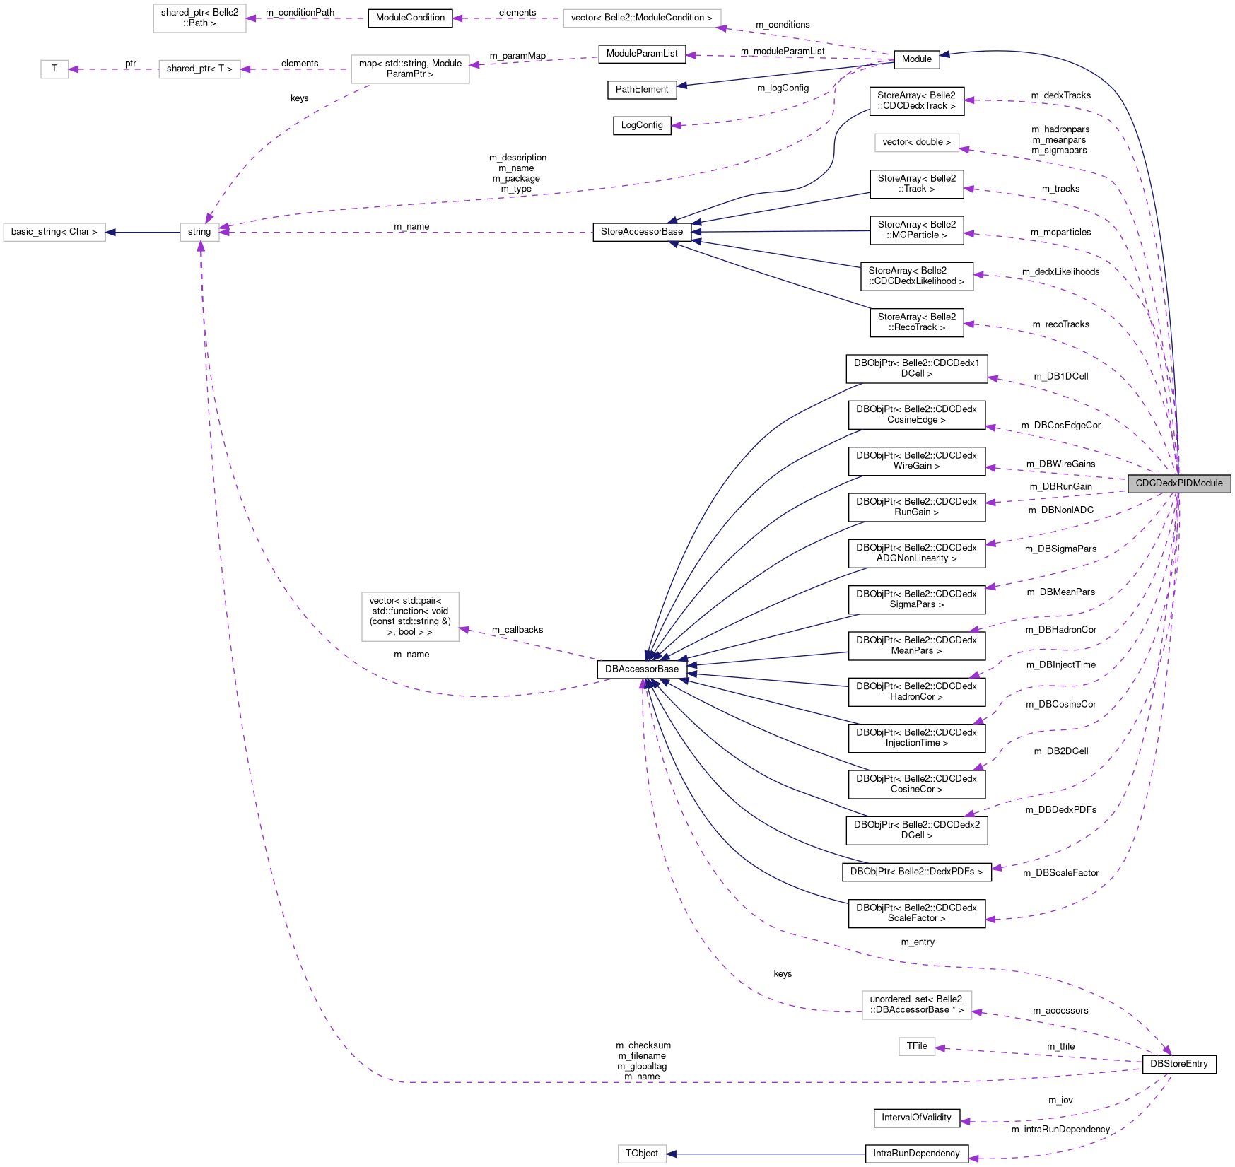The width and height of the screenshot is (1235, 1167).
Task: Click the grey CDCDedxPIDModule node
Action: [x=1178, y=483]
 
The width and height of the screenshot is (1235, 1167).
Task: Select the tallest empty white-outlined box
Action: [x=410, y=616]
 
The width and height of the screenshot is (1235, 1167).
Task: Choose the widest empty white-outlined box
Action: [x=642, y=18]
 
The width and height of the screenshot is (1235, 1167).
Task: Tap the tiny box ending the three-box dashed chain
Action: [x=54, y=69]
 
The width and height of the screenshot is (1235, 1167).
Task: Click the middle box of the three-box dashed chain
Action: [x=199, y=69]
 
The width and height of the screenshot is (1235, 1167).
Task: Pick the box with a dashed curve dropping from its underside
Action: [x=410, y=69]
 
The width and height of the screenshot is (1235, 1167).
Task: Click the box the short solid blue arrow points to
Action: [x=54, y=232]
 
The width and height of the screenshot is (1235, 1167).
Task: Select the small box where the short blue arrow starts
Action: [x=199, y=232]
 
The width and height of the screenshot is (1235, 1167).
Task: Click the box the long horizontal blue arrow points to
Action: [x=642, y=1154]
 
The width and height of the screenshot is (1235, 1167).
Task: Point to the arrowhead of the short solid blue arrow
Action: [x=110, y=233]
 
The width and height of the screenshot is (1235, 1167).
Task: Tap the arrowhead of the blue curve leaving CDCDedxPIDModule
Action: [x=944, y=54]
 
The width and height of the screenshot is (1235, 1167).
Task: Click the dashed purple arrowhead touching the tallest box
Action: [x=464, y=629]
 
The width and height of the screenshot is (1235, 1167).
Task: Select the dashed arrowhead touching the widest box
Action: [x=722, y=28]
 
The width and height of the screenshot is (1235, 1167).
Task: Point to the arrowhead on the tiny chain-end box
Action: [x=74, y=69]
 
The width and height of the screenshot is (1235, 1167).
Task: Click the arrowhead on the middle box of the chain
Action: [x=245, y=69]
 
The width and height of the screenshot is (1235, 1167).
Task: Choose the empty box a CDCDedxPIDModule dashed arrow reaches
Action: [x=917, y=143]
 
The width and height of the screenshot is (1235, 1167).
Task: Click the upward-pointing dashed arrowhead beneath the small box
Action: [x=201, y=246]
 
